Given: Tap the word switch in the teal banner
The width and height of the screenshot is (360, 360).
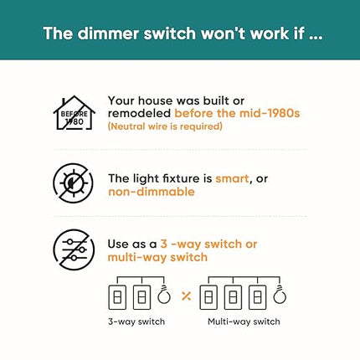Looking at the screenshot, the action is [170, 33].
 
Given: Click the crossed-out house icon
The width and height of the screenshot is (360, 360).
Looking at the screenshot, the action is [75, 113].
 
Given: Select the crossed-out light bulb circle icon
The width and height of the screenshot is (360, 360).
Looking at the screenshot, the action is [74, 183].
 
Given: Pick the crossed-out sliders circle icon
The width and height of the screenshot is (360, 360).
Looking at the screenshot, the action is [74, 249].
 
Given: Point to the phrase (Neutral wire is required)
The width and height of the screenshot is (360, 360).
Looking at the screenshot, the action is [165, 126].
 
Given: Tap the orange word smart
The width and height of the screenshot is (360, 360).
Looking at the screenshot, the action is [232, 178].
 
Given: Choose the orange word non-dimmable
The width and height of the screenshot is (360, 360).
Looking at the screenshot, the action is [152, 192].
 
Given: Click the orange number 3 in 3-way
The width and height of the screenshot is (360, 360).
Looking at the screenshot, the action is [164, 244].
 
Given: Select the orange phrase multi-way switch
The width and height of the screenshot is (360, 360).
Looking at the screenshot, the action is [157, 257].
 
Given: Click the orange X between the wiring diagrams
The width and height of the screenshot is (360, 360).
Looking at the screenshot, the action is [186, 296].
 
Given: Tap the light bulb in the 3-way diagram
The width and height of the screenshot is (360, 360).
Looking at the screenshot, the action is [164, 295].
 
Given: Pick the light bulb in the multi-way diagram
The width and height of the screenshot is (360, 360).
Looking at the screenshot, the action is [280, 295].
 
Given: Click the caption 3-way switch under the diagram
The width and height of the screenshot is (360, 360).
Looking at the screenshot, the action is [136, 321].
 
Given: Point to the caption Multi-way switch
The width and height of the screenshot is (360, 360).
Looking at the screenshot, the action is [244, 321].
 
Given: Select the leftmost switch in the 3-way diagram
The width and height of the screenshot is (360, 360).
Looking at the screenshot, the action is [117, 297].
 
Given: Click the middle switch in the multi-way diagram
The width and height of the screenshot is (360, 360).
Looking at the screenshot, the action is [233, 297].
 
